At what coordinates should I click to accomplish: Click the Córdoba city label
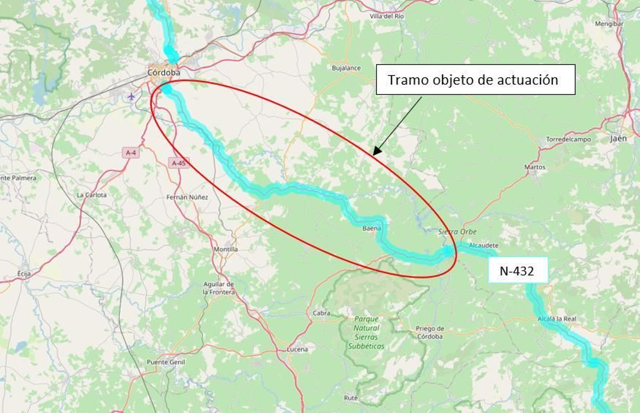164,73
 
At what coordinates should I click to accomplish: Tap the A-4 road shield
131,153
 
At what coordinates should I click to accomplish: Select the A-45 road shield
179,163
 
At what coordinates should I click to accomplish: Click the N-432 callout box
517,271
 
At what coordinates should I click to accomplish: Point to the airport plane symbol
131,96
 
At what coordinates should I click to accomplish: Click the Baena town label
372,229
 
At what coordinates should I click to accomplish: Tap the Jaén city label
618,138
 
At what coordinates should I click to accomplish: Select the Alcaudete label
484,245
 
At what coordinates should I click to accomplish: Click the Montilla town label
226,249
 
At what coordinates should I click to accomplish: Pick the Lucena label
297,349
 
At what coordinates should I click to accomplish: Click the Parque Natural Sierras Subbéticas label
366,333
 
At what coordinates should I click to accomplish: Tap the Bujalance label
346,68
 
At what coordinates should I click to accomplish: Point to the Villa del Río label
386,16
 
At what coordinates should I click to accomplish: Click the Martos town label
535,167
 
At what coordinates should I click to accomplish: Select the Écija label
24,274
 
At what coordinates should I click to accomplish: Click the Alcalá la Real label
557,319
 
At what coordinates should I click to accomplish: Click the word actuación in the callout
527,80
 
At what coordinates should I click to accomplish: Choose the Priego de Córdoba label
430,333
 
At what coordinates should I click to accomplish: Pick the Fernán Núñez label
187,197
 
